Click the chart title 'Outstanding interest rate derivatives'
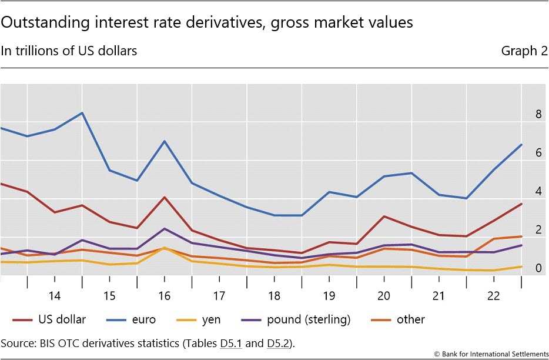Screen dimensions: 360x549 pos(207,22)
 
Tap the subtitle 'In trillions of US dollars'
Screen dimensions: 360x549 pos(69,51)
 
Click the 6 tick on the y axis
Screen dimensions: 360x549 pos(538,153)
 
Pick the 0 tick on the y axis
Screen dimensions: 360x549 pos(538,269)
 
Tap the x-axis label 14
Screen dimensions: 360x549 pos(55,295)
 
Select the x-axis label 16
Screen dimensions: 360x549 pos(164,295)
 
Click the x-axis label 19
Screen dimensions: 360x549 pos(329,295)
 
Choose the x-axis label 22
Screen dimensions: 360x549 pos(493,295)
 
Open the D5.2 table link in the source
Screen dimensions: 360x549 pos(278,343)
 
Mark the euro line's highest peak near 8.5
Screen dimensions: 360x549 pos(82,113)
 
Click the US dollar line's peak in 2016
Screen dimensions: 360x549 pos(165,197)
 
